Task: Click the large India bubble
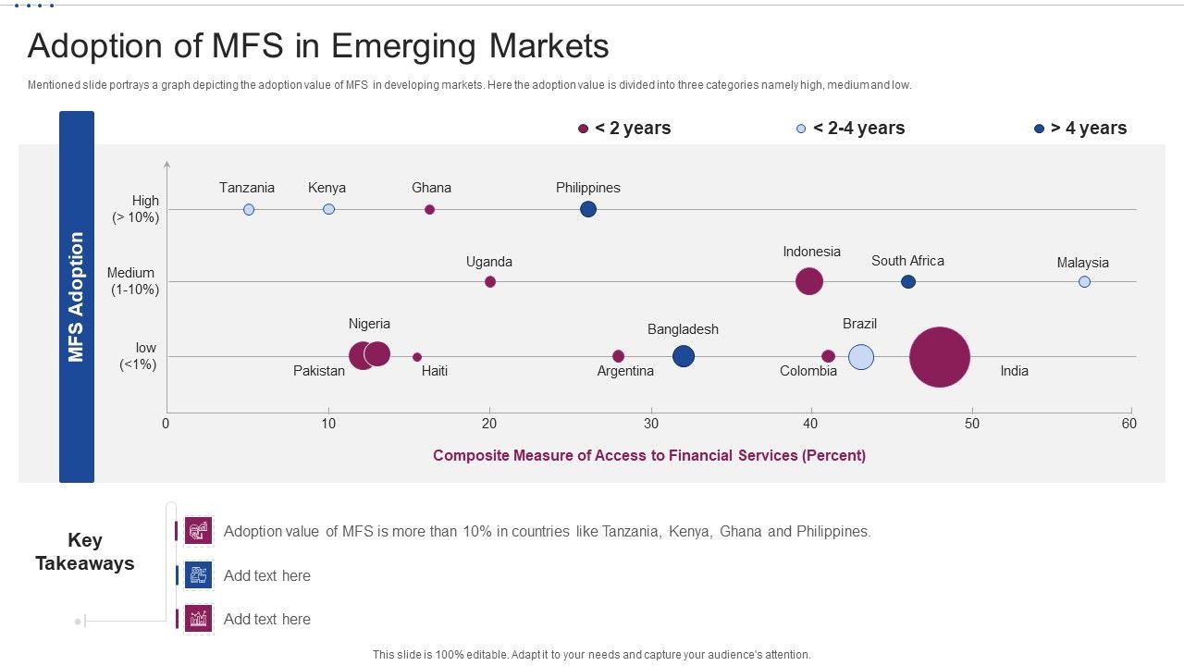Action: tap(939, 357)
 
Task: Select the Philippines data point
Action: tap(588, 209)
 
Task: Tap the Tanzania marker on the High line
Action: tap(249, 210)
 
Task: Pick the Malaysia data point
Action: tap(1084, 281)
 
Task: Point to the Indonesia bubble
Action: tap(809, 281)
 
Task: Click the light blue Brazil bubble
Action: tap(861, 357)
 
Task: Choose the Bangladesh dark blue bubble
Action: tap(684, 356)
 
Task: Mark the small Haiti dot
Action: tap(417, 357)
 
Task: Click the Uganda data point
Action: tap(490, 281)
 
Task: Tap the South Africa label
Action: tap(907, 261)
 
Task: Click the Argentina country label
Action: tap(625, 371)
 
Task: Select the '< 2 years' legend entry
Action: tap(624, 129)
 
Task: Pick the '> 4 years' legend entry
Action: tap(1079, 129)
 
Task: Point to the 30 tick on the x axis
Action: tap(651, 424)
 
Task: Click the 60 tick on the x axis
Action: tap(1128, 424)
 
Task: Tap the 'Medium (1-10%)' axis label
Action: tap(133, 281)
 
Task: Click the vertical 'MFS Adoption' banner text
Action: tap(77, 296)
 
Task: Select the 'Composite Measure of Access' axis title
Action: tap(649, 455)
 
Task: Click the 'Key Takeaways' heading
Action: tap(84, 551)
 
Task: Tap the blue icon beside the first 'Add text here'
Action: tap(199, 575)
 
